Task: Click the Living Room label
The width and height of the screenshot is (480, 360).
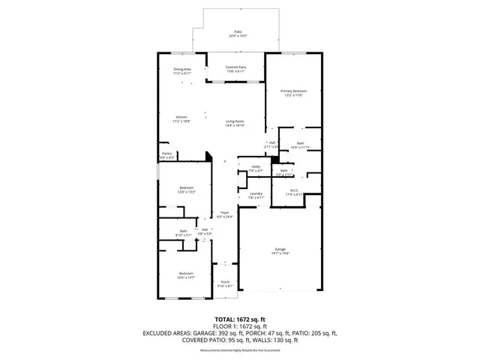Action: [235, 121]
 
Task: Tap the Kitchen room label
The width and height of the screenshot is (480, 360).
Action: [181, 117]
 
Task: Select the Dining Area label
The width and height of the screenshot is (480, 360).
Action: [183, 70]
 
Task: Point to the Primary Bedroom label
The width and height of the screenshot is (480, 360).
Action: [294, 91]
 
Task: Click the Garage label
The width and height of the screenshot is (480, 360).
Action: [280, 250]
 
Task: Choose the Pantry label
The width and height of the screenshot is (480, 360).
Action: [167, 154]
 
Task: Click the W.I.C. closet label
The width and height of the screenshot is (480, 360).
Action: [295, 190]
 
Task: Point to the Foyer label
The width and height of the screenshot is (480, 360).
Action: [225, 212]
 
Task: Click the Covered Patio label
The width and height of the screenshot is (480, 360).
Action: [235, 67]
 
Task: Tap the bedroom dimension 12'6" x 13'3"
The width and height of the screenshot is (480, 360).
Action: [186, 192]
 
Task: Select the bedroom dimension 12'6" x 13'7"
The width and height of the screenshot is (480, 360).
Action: [186, 277]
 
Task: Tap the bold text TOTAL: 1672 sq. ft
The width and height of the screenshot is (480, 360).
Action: [240, 319]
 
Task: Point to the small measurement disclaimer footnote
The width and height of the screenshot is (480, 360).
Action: [240, 350]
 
